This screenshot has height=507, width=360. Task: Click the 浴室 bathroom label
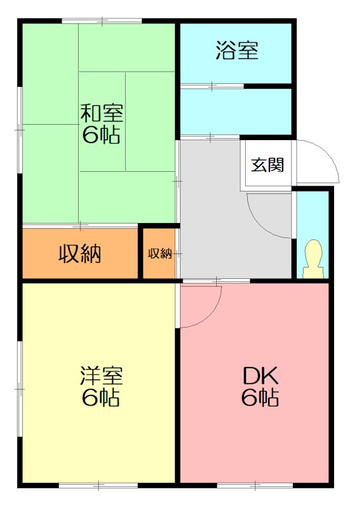237,51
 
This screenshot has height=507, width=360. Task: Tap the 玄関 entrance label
266,165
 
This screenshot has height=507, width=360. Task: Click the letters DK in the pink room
260,376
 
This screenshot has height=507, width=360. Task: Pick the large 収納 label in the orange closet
80,254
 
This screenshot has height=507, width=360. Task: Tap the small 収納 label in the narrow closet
160,253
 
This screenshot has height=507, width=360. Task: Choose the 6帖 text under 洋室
101,397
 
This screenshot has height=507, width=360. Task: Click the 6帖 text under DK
260,398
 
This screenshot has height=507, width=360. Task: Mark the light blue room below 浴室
236,112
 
